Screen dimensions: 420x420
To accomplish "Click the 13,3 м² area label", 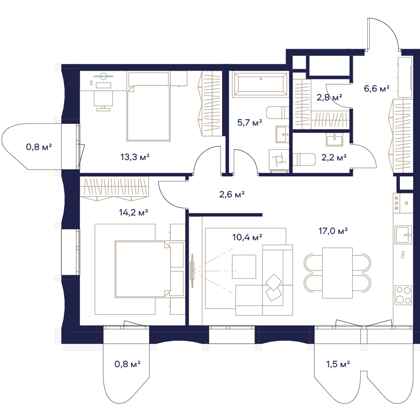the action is coord(135,157).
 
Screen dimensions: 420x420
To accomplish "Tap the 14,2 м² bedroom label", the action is coord(134,213).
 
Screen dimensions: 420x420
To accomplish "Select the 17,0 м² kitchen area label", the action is coord(333,231).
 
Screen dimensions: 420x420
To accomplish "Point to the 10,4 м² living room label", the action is coord(247,237).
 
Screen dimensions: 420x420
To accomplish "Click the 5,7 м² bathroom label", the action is coord(249,123).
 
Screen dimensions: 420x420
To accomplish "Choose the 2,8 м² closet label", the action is coord(329,97).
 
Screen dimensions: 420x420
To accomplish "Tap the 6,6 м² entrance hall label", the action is coord(377,88).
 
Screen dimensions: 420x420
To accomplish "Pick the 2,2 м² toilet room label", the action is coord(334,157).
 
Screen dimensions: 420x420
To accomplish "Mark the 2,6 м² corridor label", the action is coord(232,194).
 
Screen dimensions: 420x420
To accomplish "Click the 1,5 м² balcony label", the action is coord(338,364).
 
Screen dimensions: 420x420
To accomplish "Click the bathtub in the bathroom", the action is coord(260,84).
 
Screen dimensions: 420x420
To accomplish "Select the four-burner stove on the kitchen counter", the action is coord(403,295).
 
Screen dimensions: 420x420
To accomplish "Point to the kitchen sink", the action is coord(403,235).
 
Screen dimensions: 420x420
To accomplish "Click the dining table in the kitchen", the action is coord(337,273).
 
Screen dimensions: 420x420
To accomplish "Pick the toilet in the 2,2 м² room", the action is coord(304,159).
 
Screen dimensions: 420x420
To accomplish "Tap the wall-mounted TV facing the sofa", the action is coord(192,271).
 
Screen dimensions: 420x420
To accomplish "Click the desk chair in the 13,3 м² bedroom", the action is coord(103,100).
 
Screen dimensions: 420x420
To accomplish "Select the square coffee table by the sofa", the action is coord(244,267).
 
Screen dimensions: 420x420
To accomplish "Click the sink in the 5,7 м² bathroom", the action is coord(282,134).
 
